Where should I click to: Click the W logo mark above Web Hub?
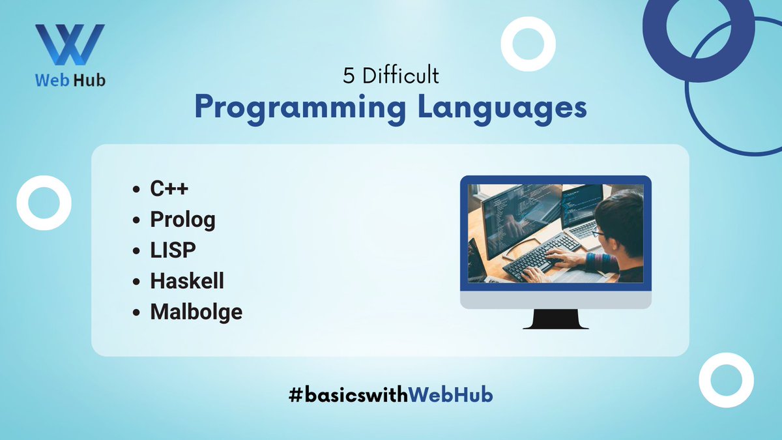point(70,44)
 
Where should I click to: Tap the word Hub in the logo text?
point(90,80)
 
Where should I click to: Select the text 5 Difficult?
point(390,76)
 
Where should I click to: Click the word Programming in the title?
point(300,109)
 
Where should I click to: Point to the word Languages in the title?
point(502,109)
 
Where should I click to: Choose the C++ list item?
point(169,188)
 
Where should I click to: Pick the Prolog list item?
point(182,220)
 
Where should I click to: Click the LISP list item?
point(173,250)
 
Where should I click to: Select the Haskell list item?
point(187,281)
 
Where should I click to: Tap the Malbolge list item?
point(196,312)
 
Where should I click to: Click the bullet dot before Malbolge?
point(136,312)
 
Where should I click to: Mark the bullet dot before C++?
point(136,189)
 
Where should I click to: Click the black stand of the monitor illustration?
point(556,319)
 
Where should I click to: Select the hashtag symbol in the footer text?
point(296,395)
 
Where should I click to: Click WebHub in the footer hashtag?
point(450,395)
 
